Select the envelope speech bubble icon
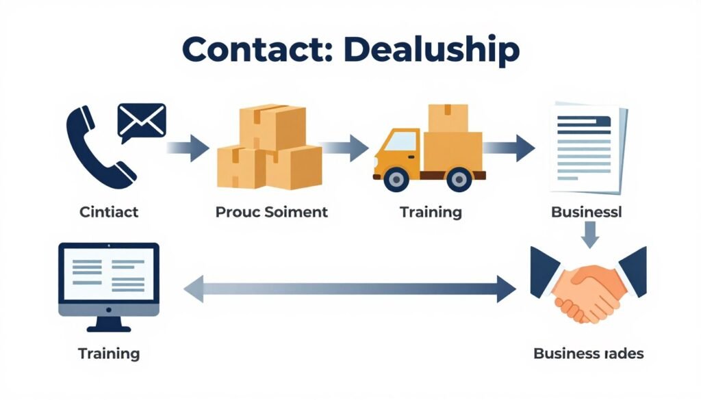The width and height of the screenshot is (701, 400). pos(141,121)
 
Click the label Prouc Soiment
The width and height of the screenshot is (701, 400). pos(272,211)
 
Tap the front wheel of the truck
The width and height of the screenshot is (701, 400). pos(395,179)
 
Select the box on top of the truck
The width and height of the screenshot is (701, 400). pos(448,118)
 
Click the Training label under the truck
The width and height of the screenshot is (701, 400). pos(431,211)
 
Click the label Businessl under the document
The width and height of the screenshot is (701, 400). pos(587,211)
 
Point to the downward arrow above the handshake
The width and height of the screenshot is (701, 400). pos(590,237)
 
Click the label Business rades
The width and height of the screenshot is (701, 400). pos(588,354)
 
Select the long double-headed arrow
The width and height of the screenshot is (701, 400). pos(349,289)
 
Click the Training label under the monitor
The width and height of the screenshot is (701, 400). pos(109,354)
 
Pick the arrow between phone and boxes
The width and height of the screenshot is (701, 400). pos(189,146)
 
